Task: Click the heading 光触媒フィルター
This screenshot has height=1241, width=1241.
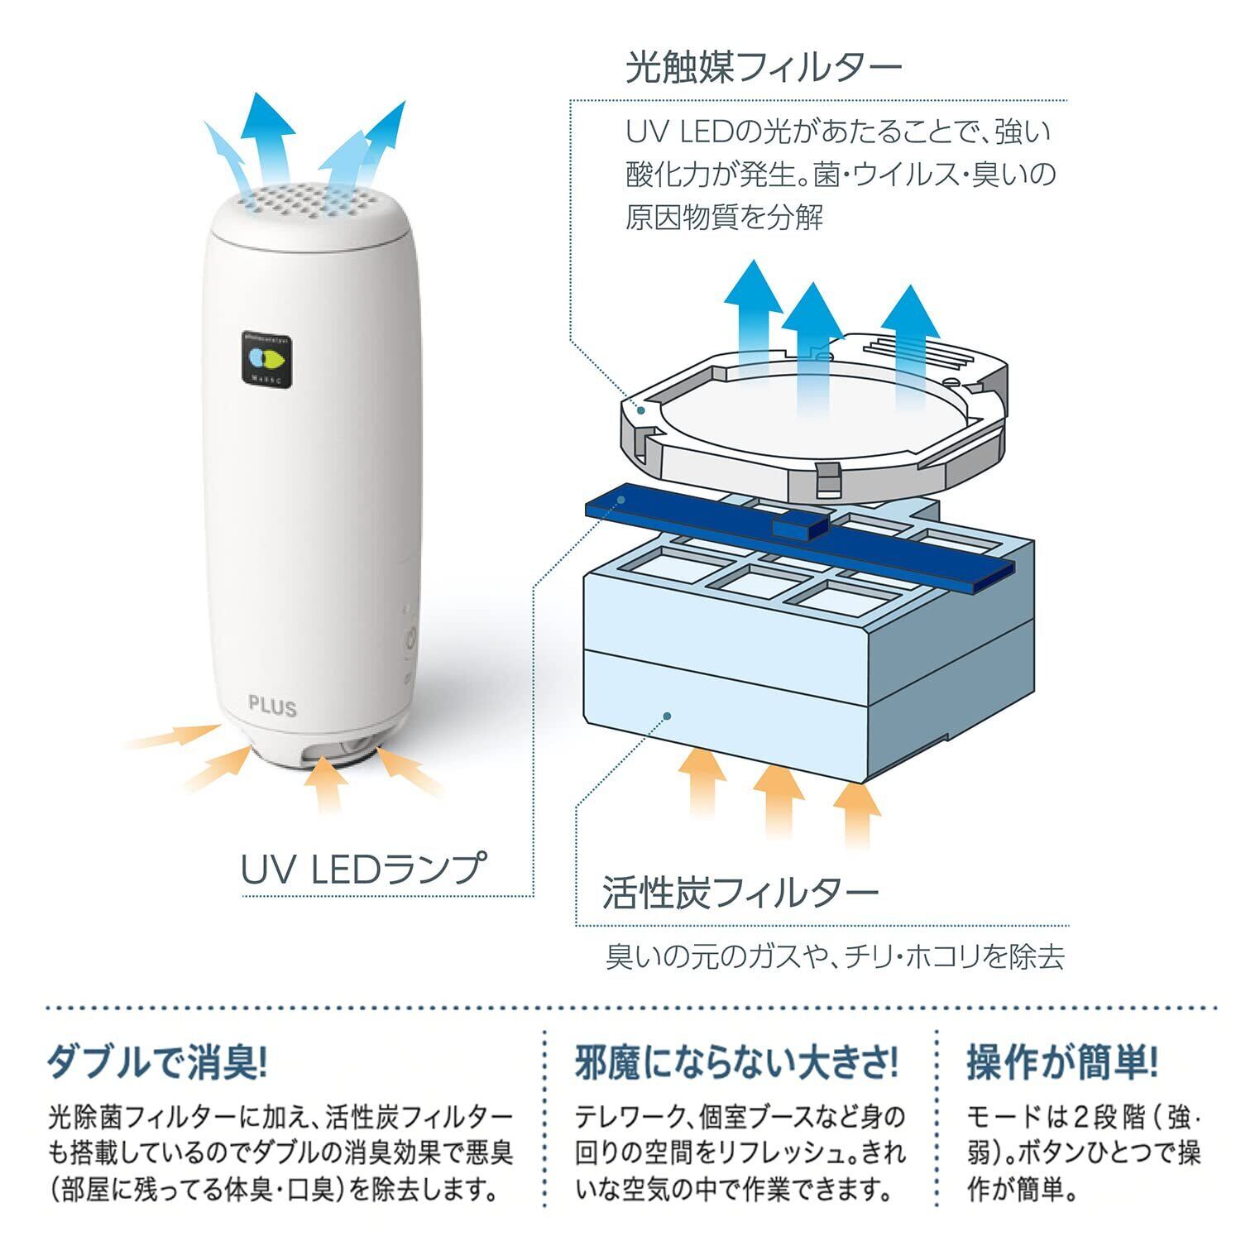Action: (x=763, y=68)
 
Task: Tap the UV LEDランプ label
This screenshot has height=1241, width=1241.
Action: (x=362, y=869)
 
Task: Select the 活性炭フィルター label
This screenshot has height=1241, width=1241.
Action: (x=740, y=893)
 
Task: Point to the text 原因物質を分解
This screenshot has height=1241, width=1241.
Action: (x=724, y=218)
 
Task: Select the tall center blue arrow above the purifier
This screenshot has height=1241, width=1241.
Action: (x=269, y=137)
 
